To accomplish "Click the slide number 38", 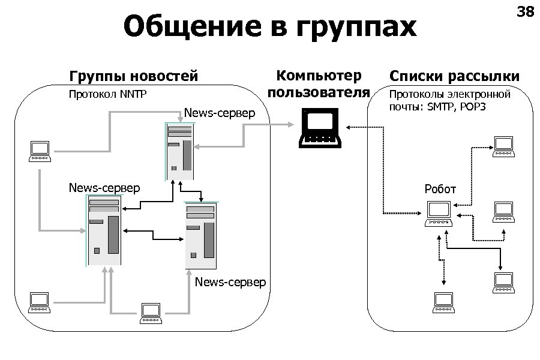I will coord(525,12).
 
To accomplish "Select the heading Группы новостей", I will coord(133,76).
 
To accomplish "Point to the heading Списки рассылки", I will coord(454,76).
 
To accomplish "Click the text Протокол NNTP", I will coord(107,94).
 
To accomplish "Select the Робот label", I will coord(440,190).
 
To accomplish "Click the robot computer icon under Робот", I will coord(439,214).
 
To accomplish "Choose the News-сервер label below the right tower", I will coord(230,282).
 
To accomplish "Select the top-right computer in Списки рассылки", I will coord(503,147).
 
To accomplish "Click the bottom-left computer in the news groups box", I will coord(40,302).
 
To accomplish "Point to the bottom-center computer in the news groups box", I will coord(150,313).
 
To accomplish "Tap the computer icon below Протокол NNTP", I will coord(40,151).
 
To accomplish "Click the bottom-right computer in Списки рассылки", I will coord(503,283).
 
